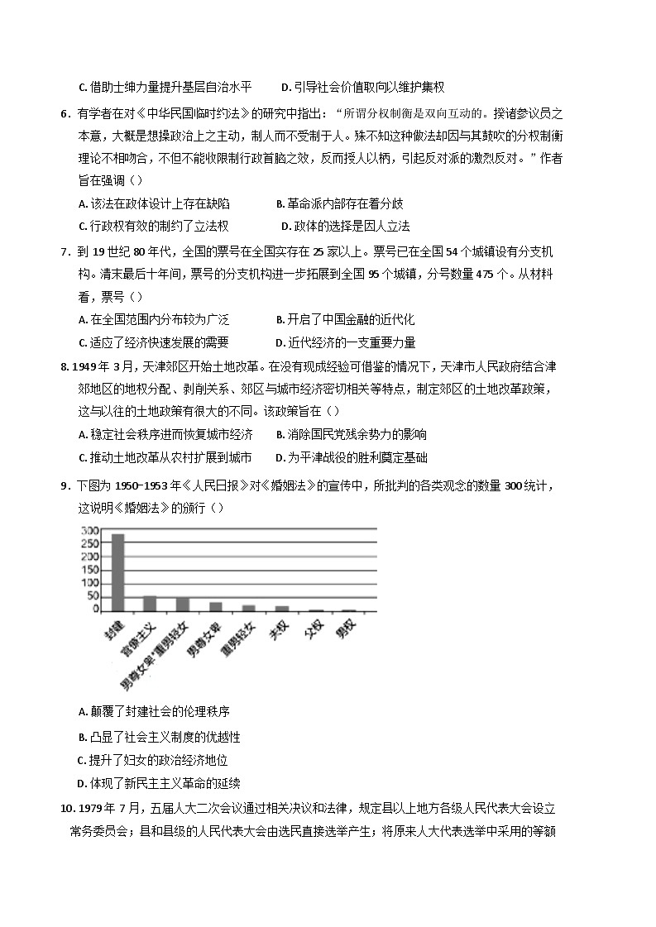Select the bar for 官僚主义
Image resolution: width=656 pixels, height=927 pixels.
[150, 603]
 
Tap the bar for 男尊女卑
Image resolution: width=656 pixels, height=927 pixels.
[215, 606]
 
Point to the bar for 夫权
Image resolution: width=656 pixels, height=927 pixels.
[282, 609]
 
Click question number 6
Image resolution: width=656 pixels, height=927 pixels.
[65, 114]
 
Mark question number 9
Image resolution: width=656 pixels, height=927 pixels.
[65, 485]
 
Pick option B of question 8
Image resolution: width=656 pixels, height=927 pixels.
[351, 434]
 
